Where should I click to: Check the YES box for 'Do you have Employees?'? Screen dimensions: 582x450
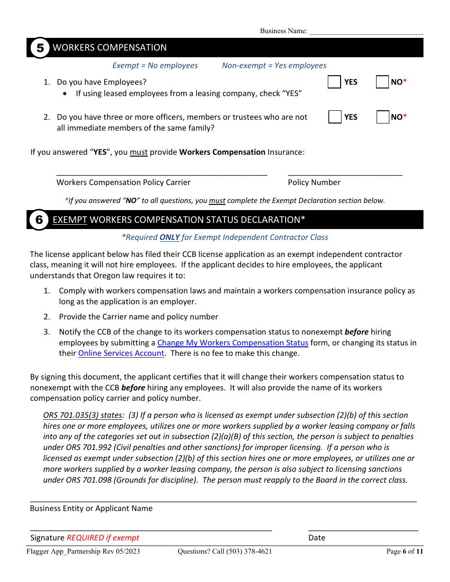tap(334, 82)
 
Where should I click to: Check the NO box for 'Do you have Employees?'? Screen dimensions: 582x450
tap(382, 82)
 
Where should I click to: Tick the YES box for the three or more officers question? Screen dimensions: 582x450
tap(335, 117)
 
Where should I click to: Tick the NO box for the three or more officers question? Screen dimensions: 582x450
tap(383, 117)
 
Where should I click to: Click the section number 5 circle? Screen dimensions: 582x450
tap(40, 48)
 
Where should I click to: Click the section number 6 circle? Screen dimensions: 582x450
tap(39, 220)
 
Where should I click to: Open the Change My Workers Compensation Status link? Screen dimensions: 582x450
tap(233, 343)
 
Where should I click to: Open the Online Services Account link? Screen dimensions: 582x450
tap(121, 353)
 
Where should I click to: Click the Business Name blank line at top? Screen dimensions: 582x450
tap(366, 31)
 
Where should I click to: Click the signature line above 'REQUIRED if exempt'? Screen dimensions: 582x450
tap(151, 528)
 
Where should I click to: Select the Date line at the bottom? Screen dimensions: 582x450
tap(363, 528)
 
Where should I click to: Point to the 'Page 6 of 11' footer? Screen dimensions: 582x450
tap(405, 551)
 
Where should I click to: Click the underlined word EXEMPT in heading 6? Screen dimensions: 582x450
tap(70, 220)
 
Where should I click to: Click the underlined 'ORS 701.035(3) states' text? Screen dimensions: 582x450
tap(82, 415)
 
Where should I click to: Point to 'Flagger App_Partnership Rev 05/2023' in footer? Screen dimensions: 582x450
tap(83, 551)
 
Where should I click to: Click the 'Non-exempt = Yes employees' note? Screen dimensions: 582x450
tap(274, 66)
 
